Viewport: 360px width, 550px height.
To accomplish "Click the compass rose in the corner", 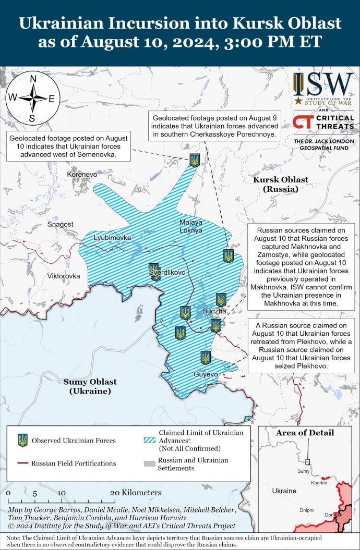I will click(32, 97).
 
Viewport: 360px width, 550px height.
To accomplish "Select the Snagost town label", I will click(60, 224).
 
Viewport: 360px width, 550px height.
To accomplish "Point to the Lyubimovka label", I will click(112, 238).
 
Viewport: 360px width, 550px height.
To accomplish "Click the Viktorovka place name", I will click(64, 276).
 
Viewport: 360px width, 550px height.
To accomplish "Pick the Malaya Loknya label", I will click(190, 226).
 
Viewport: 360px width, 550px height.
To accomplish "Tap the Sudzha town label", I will click(214, 311).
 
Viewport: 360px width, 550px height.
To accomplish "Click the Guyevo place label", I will click(206, 374).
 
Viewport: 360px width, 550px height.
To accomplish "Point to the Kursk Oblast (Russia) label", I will click(280, 184).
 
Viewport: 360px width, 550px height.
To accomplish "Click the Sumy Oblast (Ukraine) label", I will click(90, 386).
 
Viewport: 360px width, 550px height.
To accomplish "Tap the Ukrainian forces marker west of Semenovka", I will click(195, 161).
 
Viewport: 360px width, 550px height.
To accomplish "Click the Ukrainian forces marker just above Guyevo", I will click(206, 358).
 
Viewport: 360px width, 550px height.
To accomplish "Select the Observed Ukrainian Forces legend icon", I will click(22, 440).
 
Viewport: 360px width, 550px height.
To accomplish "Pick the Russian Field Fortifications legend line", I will click(22, 463).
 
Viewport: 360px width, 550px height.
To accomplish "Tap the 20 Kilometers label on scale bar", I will click(136, 493).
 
